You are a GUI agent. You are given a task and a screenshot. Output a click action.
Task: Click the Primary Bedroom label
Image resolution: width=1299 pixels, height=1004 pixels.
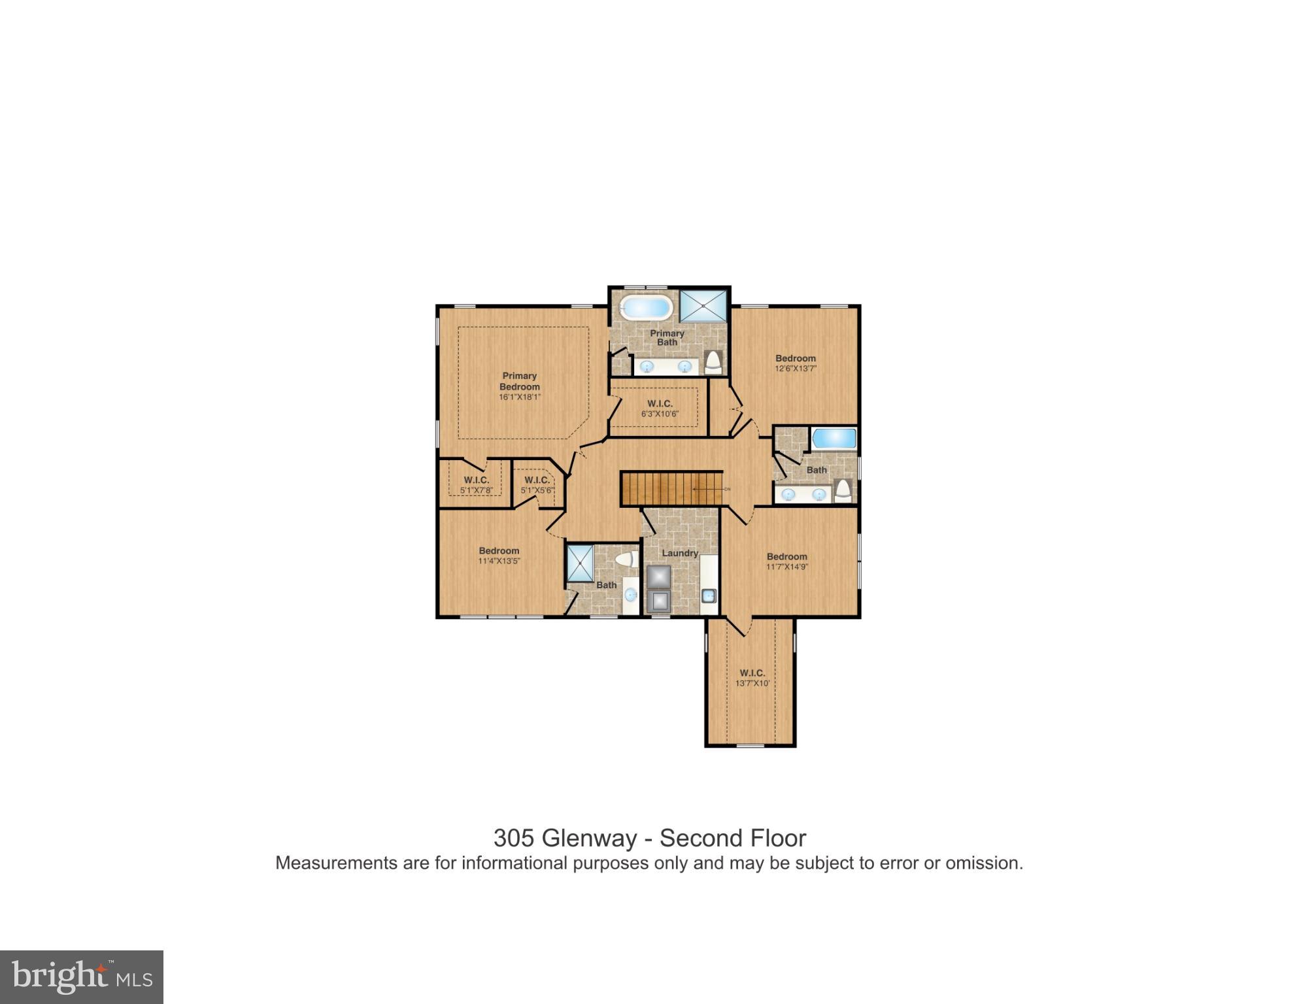pyautogui.click(x=520, y=381)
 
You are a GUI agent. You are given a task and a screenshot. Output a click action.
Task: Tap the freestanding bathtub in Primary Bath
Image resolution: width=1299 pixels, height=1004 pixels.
pyautogui.click(x=646, y=307)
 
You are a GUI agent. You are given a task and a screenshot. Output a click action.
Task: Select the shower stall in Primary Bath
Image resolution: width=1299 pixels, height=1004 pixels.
pyautogui.click(x=703, y=306)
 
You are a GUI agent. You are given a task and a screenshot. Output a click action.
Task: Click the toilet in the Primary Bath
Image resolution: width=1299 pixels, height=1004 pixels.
pyautogui.click(x=713, y=363)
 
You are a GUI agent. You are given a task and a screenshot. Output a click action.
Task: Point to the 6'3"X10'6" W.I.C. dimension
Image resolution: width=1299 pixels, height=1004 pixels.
pyautogui.click(x=660, y=414)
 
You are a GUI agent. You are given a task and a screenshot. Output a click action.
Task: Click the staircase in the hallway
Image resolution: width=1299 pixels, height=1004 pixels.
pyautogui.click(x=671, y=488)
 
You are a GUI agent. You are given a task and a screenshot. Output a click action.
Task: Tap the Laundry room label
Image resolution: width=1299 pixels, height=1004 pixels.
pyautogui.click(x=680, y=553)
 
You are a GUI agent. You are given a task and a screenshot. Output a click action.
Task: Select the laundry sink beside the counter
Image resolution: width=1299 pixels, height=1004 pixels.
pyautogui.click(x=709, y=595)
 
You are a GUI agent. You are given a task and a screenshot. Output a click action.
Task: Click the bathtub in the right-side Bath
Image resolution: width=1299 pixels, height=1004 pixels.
pyautogui.click(x=834, y=439)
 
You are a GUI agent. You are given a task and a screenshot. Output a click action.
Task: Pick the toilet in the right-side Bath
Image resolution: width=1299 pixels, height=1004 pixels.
pyautogui.click(x=843, y=490)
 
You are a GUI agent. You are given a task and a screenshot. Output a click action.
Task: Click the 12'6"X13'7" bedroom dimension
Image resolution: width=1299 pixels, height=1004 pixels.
pyautogui.click(x=796, y=369)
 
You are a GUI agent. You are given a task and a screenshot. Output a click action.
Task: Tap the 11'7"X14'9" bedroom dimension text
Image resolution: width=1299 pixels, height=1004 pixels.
pyautogui.click(x=787, y=567)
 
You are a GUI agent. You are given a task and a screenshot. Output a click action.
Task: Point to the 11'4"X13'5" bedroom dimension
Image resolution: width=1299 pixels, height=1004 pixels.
pyautogui.click(x=499, y=561)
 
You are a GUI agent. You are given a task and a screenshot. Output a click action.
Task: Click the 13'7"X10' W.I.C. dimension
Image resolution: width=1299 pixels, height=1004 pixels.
pyautogui.click(x=752, y=684)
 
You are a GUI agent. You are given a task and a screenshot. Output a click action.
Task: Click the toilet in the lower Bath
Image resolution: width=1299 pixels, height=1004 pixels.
pyautogui.click(x=626, y=560)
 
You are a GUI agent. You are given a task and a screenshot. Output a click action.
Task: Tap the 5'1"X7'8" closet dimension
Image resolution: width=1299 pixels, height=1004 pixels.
pyautogui.click(x=476, y=490)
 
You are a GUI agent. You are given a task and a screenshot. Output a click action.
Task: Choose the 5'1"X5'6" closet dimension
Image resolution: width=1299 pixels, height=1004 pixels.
pyautogui.click(x=537, y=490)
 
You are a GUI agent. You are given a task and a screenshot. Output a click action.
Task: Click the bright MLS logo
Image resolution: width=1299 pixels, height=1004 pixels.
pyautogui.click(x=82, y=977)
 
